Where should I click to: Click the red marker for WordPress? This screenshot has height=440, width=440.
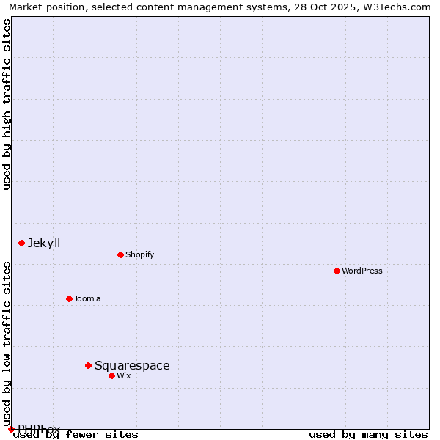click(337, 271)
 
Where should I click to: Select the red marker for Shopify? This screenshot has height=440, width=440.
click(120, 254)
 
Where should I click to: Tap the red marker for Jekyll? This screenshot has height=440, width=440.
click(21, 243)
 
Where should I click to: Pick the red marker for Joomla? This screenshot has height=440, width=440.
click(69, 298)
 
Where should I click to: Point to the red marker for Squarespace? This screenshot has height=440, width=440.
click(88, 365)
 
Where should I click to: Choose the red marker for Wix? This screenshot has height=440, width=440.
click(111, 375)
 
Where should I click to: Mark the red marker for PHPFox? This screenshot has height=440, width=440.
click(11, 429)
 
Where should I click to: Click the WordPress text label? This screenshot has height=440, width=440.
click(362, 271)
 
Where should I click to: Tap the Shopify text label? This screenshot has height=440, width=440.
click(140, 254)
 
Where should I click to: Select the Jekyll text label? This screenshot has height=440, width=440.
click(44, 243)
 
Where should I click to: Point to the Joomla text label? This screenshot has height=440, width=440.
click(87, 298)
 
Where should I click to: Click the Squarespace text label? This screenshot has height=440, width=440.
click(132, 365)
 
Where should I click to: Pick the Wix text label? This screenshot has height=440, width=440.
click(124, 375)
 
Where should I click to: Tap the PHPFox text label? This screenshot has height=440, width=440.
click(40, 429)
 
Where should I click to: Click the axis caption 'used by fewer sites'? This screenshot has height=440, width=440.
click(76, 434)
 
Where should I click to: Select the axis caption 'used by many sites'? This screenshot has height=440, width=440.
click(368, 434)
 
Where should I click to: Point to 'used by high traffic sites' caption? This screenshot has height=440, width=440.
click(7, 104)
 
